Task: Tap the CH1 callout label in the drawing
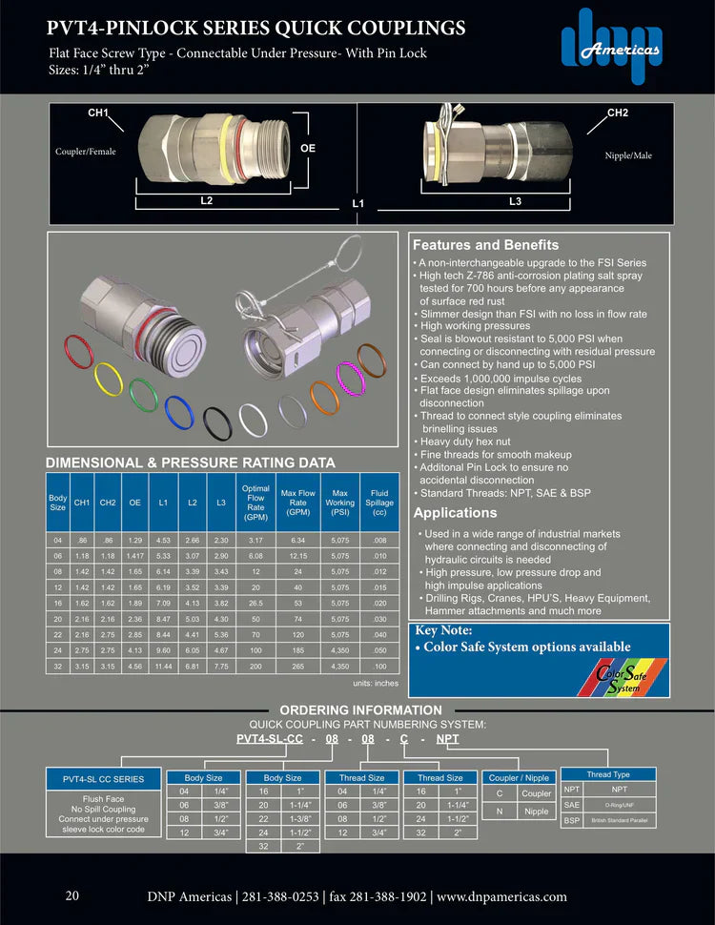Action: tap(98, 113)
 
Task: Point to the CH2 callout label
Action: tap(618, 113)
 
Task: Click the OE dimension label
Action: tap(308, 149)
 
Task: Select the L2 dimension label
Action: tap(206, 201)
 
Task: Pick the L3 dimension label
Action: tap(515, 201)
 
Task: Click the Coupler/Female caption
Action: tap(86, 152)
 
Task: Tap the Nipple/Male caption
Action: tap(629, 155)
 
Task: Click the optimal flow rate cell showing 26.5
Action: tap(256, 604)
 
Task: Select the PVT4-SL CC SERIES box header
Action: tap(103, 779)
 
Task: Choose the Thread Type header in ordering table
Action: tap(607, 774)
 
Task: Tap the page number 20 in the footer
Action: tap(72, 895)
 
